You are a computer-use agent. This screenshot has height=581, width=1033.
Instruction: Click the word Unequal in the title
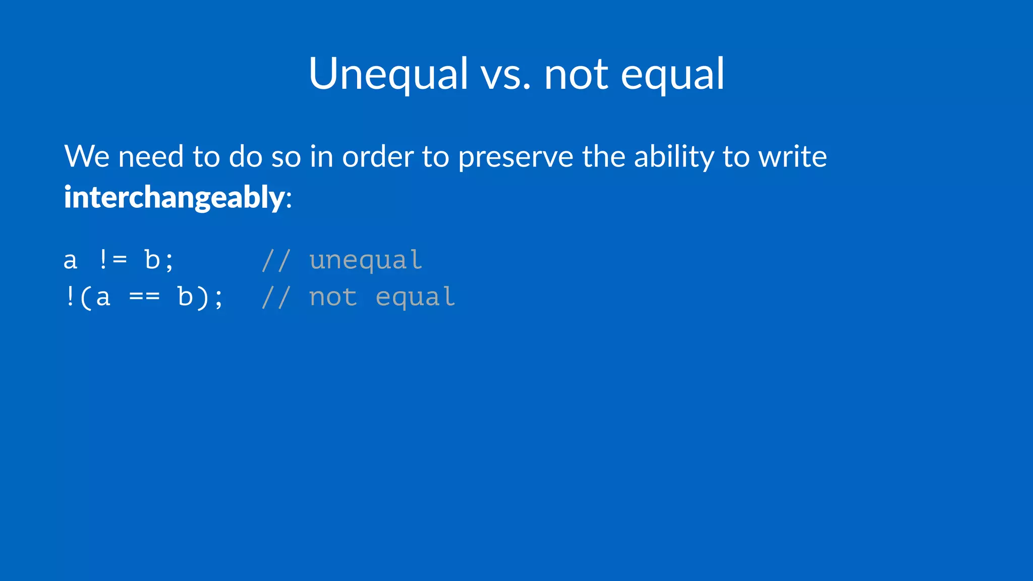coord(388,74)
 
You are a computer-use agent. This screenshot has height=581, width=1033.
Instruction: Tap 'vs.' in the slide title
coord(505,76)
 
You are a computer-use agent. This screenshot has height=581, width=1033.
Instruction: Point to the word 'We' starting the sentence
coord(87,156)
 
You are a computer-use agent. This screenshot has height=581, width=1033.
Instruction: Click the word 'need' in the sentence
coord(150,156)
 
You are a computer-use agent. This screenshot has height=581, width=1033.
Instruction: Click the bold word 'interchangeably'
coord(174,197)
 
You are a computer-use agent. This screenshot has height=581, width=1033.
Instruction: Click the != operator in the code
coord(112,260)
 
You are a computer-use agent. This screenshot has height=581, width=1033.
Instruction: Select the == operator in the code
coord(144,297)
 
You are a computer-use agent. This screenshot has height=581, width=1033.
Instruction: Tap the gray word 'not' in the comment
coord(333,297)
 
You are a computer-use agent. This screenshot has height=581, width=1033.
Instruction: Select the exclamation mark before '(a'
coord(70,297)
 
